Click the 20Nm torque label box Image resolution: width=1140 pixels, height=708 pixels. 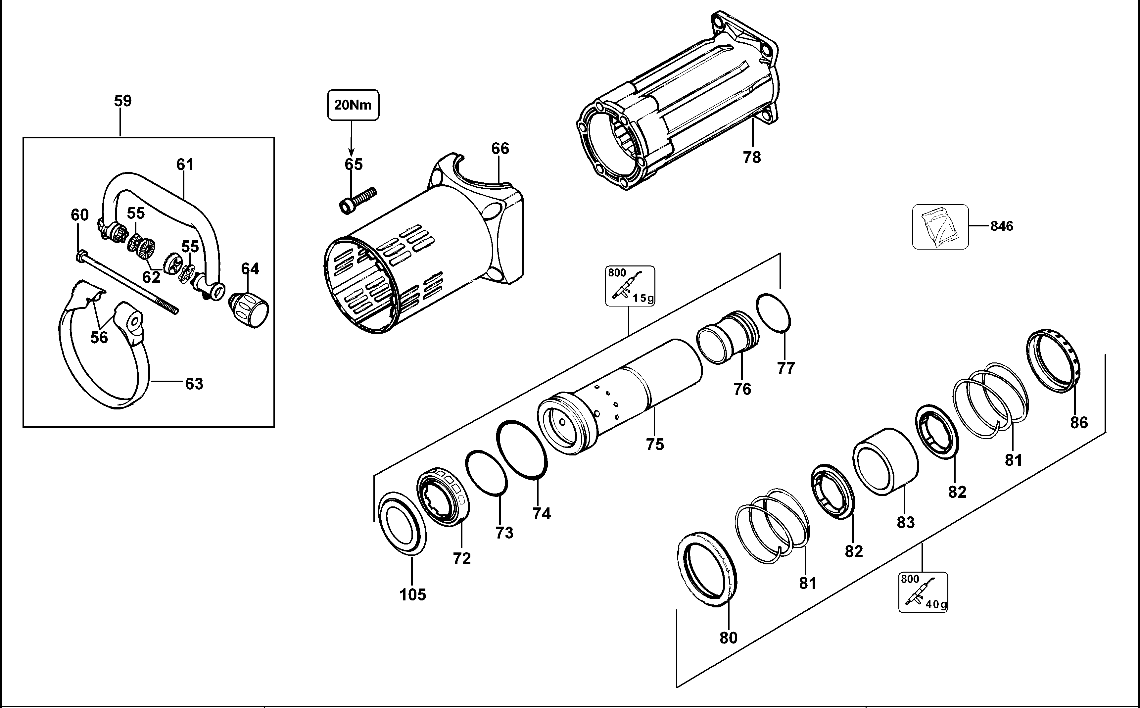353,105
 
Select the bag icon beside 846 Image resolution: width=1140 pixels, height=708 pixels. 940,227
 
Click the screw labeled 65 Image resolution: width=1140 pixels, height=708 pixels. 357,200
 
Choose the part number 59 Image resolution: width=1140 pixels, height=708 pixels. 123,101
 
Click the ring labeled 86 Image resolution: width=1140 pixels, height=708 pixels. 1053,360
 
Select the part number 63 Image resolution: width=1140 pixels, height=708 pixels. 194,384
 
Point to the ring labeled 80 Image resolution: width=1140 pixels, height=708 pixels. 706,569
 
